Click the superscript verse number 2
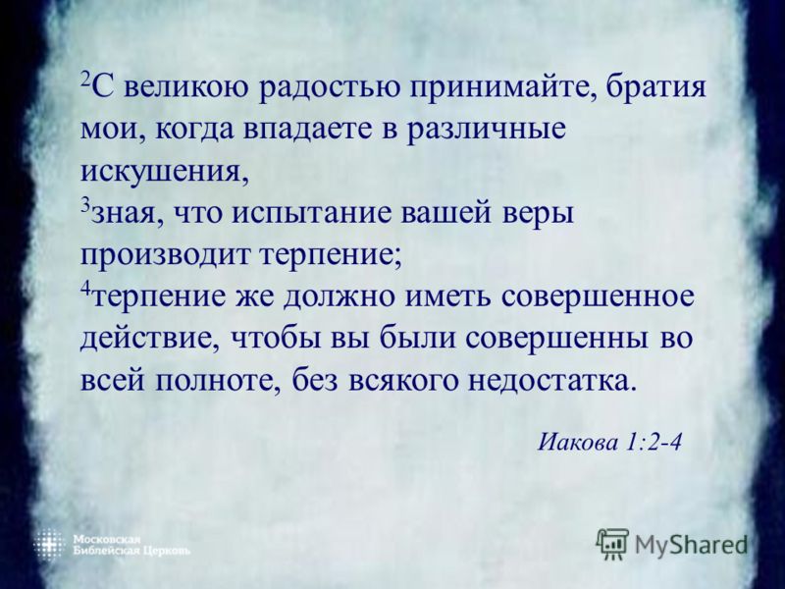85,80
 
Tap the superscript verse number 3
85,205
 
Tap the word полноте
219,382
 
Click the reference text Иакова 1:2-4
609,443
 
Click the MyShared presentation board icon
612,544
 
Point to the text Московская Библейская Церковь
131,546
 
